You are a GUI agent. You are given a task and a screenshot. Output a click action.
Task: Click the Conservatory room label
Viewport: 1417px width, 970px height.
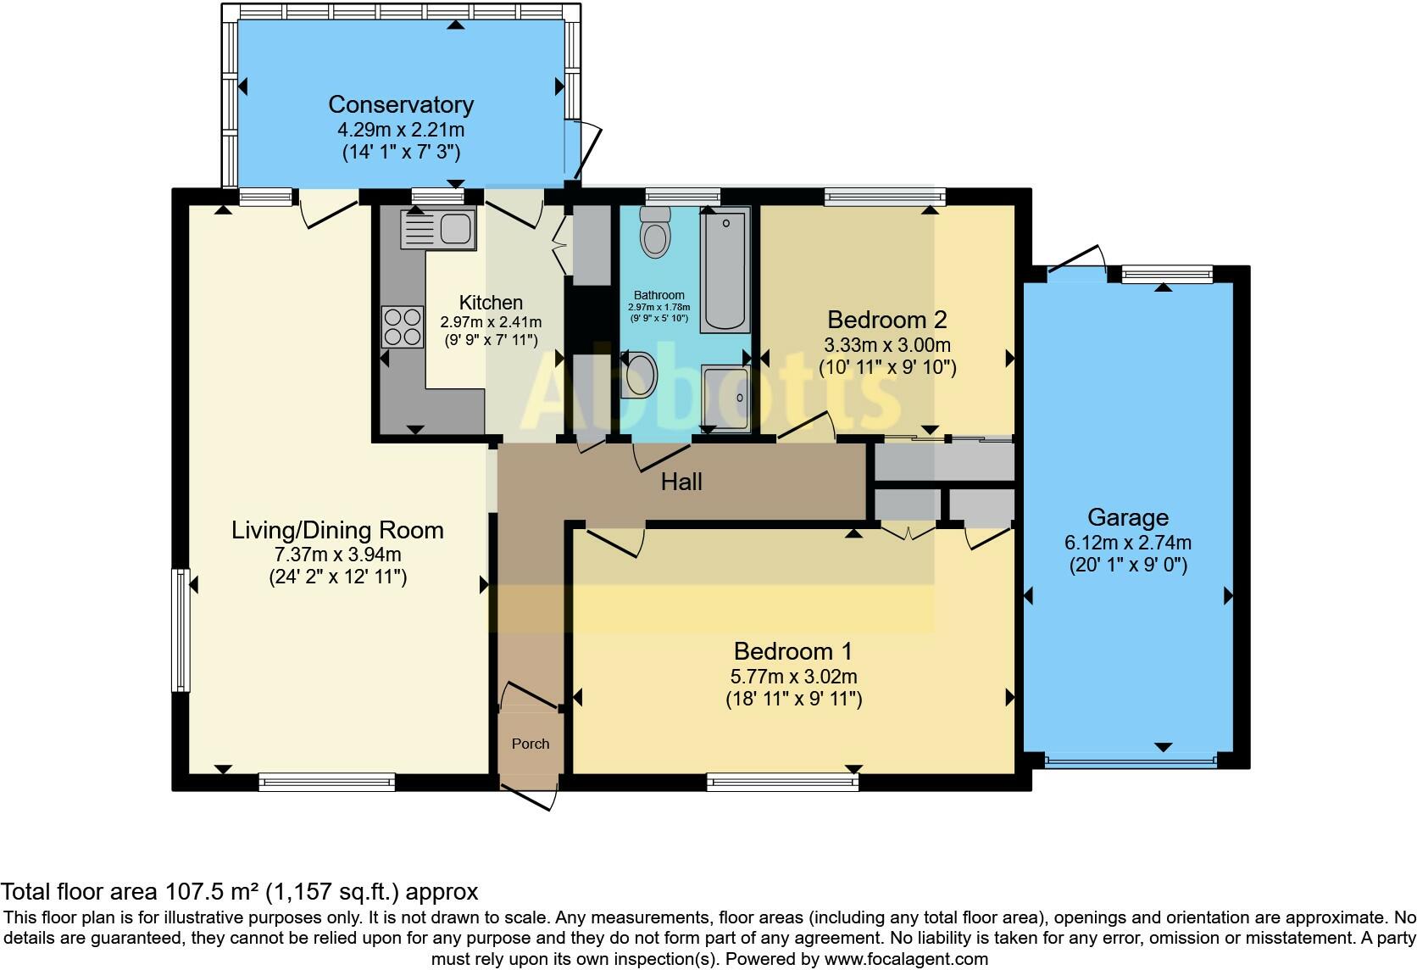click(x=401, y=104)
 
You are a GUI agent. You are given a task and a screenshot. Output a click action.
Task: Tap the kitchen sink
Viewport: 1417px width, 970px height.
click(x=438, y=228)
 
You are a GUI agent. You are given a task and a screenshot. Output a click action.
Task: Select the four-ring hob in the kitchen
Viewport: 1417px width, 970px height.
click(x=403, y=327)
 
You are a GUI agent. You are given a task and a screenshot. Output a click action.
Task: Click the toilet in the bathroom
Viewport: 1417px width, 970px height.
click(x=655, y=232)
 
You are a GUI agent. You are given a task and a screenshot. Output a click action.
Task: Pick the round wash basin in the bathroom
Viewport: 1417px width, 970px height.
click(x=639, y=375)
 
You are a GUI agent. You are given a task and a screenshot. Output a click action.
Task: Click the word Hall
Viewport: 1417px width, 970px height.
click(x=681, y=482)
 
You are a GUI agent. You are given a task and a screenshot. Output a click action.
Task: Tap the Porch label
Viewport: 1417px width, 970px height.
click(x=531, y=744)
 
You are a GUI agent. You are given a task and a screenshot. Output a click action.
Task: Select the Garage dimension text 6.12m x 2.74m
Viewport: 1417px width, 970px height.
click(x=1128, y=543)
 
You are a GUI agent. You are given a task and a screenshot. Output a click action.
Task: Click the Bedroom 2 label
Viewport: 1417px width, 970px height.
click(x=886, y=320)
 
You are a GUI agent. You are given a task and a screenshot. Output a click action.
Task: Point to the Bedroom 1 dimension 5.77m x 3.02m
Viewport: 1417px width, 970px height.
click(x=793, y=677)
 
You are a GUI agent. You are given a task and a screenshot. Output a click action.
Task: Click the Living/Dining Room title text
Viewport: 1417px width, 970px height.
click(x=337, y=530)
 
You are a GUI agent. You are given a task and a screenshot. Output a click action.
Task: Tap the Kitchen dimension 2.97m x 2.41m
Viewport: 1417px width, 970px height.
click(x=491, y=322)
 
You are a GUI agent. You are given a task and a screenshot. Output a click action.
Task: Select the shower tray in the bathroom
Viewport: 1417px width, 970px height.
click(x=725, y=399)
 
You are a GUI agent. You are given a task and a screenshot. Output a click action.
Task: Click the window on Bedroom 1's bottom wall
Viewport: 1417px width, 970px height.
click(x=782, y=782)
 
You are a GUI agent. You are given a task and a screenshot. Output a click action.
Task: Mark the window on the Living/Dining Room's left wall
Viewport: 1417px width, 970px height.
click(x=181, y=630)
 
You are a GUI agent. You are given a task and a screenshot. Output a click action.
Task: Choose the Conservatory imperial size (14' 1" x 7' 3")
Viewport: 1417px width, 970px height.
click(x=401, y=152)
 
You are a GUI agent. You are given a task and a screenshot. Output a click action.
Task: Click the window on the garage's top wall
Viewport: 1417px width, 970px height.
click(x=1167, y=275)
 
